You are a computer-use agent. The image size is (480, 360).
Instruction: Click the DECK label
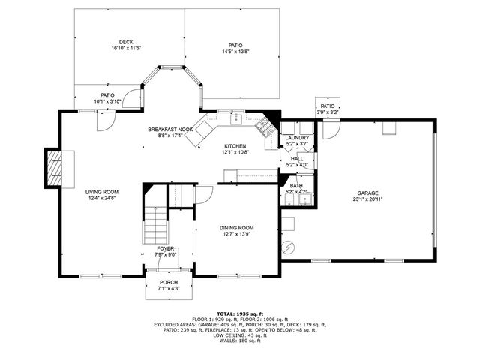tap(125, 42)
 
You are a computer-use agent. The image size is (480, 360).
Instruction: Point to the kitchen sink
tap(235, 118)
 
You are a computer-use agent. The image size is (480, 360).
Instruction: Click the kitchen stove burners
tap(264, 127)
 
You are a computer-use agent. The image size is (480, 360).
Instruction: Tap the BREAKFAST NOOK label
tap(169, 130)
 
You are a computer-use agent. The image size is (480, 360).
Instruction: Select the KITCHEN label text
tap(235, 146)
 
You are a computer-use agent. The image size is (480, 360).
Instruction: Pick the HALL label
tap(297, 159)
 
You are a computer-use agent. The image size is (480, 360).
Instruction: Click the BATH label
tap(297, 186)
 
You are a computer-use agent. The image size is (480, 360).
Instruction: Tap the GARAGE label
tap(368, 193)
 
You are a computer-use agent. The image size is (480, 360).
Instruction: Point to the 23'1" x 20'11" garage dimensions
tap(368, 199)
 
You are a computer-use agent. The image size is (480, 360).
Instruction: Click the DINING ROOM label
tap(236, 228)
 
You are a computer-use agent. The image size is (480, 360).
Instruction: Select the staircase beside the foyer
tap(155, 223)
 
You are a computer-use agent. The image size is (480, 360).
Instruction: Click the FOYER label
tap(166, 247)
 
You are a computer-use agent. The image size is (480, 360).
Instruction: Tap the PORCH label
tap(168, 282)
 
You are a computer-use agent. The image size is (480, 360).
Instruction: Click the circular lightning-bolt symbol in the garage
tap(289, 246)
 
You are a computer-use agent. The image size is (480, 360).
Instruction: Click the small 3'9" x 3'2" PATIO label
tap(328, 106)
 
